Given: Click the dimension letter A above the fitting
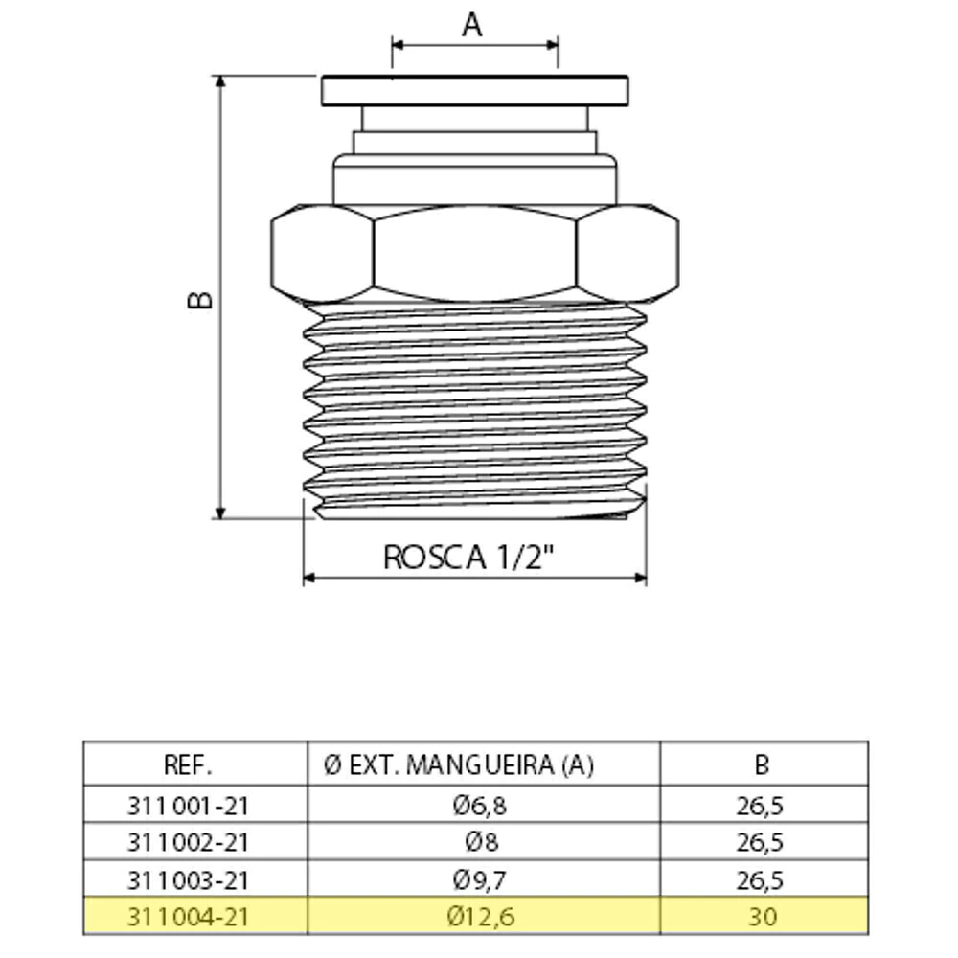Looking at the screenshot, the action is pos(471,26).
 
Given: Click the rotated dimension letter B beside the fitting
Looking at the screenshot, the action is pos(200,299).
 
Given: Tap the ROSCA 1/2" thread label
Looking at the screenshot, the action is pos(468,557).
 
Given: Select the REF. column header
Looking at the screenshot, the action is pos(188,764).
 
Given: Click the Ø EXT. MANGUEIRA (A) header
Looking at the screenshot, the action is pos(459,764).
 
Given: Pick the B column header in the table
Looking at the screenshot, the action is pos(762,764).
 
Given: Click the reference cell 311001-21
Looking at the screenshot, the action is pos(188,806).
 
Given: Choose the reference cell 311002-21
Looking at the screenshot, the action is pos(188,842).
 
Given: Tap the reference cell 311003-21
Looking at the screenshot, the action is pos(188,880).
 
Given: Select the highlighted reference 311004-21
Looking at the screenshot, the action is pos(188,917).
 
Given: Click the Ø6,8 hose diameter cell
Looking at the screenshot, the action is pos(480,806).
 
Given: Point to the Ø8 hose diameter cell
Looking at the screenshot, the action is pos(482,842).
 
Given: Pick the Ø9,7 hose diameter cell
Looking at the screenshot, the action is pos(480,880).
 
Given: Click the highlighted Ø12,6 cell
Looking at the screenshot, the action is pos(481,917).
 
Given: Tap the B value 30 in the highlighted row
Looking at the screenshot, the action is pos(762,917).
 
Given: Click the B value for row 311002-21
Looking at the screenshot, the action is pos(760,842).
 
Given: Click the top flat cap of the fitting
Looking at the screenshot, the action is pos(475,90).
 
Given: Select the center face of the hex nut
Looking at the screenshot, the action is pos(475,254).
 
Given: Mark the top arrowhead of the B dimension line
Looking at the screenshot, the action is pos(220,81).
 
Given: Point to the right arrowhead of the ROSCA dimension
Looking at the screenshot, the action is pos(641,578).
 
